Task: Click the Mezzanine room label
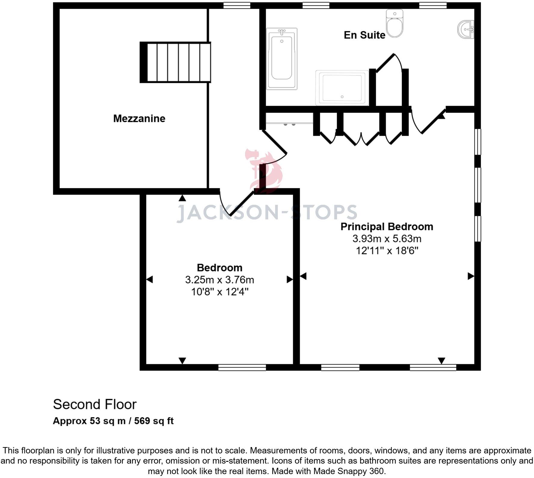(139, 119)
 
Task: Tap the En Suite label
(364, 35)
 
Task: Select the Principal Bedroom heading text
(387, 227)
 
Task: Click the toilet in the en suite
(394, 23)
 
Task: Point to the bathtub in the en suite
(282, 59)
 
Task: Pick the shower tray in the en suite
(342, 88)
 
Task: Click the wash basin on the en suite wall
(466, 29)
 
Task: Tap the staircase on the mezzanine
(175, 62)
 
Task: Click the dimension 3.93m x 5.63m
(387, 239)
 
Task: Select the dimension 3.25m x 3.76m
(219, 280)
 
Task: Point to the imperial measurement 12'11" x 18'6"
(387, 251)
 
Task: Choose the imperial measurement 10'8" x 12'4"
(220, 292)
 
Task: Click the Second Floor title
(95, 404)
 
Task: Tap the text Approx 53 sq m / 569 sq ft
(113, 421)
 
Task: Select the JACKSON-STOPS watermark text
(267, 213)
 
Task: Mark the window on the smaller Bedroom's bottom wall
(242, 368)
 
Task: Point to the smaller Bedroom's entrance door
(237, 202)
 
